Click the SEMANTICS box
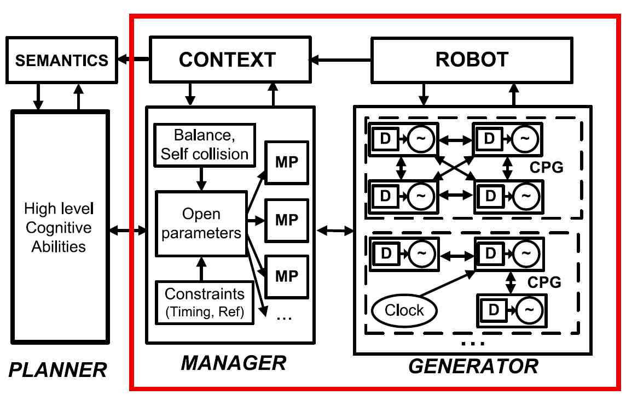61,60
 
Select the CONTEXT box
227,58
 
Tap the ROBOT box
472,58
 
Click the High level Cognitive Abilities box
59,227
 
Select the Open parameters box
201,223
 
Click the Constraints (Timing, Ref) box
205,302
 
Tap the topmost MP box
286,163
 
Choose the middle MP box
286,220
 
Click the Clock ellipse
404,310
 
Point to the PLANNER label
59,370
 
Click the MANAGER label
234,362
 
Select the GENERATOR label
473,365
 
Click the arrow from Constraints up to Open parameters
202,268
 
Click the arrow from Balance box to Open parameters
202,177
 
